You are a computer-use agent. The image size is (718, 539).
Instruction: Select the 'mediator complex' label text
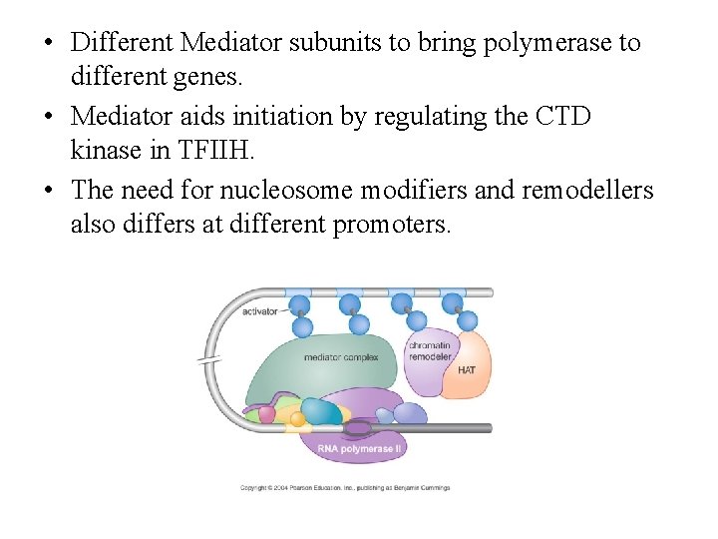click(341, 356)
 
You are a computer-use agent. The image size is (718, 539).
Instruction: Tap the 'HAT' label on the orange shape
click(467, 370)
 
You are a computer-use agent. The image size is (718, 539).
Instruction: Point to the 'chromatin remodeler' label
click(430, 351)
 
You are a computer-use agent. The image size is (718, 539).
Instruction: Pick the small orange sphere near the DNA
click(297, 418)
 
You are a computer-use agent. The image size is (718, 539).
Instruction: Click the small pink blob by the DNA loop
click(266, 413)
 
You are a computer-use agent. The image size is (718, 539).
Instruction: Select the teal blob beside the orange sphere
click(321, 411)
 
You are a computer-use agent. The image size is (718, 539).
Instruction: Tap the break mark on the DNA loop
click(211, 360)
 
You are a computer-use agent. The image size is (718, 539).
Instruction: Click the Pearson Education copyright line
click(345, 488)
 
